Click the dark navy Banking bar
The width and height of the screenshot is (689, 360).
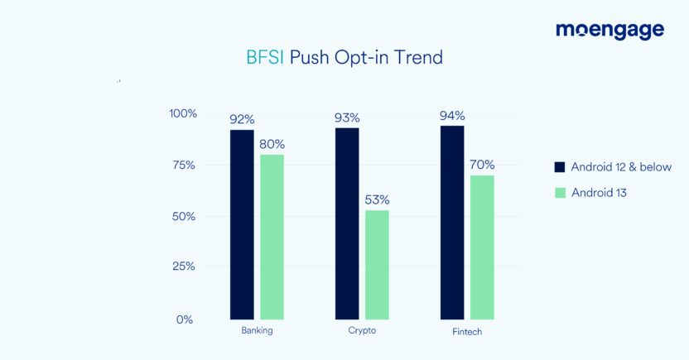click(x=242, y=224)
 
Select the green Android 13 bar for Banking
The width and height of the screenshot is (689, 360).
click(x=272, y=237)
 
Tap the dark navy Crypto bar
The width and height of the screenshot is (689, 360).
click(x=347, y=223)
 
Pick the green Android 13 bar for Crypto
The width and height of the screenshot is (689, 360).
click(x=377, y=265)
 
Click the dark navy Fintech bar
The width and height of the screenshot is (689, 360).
click(x=452, y=223)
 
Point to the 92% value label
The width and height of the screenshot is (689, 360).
click(x=242, y=119)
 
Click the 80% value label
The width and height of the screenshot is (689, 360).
click(x=272, y=144)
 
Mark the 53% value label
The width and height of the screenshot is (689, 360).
click(x=377, y=199)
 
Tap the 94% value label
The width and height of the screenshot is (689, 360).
click(x=452, y=115)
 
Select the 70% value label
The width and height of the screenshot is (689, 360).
click(x=482, y=164)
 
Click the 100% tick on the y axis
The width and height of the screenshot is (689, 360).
click(x=182, y=113)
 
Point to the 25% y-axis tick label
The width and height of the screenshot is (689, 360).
click(x=184, y=266)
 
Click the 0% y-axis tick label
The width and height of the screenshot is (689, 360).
click(x=187, y=319)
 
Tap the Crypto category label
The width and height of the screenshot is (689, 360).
click(x=362, y=331)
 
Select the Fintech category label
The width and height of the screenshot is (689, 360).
click(x=467, y=332)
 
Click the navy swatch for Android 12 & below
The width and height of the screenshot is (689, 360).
click(x=559, y=167)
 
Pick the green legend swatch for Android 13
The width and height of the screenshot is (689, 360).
click(x=559, y=193)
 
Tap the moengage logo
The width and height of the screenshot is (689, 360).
click(x=609, y=31)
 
